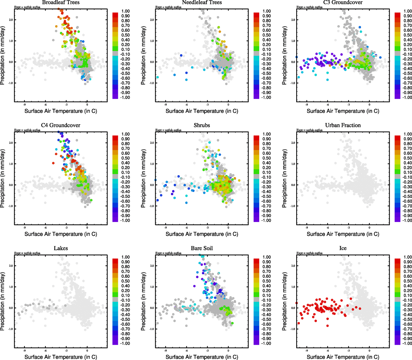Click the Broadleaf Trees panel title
coord(61,2)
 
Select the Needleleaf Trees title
coord(202,2)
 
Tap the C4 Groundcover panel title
coord(61,125)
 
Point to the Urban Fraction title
coord(343,125)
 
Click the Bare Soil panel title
coord(202,248)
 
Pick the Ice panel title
coord(343,248)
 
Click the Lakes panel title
coord(61,248)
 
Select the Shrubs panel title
coord(202,125)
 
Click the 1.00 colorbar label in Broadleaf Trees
coord(125,11)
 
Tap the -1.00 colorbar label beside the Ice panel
coord(407,343)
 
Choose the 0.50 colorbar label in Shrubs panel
coord(267,158)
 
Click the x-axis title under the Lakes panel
coord(61,357)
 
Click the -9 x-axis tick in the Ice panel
coord(307,350)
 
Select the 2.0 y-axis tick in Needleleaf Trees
coord(152,20)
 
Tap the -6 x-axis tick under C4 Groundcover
coord(45,228)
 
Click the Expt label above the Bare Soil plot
coord(168,253)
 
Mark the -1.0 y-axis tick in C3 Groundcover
coord(293,83)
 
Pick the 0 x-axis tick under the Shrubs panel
coord(228,228)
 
